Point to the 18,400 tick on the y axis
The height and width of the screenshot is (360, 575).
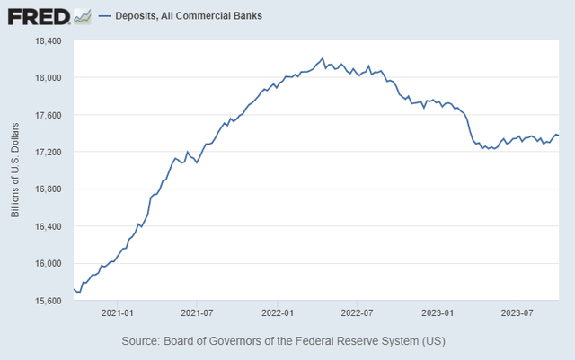(x=47, y=40)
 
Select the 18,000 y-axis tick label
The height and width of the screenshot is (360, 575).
(x=47, y=78)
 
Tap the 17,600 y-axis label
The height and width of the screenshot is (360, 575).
(x=47, y=115)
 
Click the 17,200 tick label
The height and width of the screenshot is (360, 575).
(x=47, y=152)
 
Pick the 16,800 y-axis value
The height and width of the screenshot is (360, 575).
(x=47, y=189)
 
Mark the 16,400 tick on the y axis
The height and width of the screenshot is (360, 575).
(x=47, y=226)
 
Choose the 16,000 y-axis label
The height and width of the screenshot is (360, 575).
(x=47, y=263)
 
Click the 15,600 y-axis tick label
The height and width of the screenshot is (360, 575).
(x=47, y=300)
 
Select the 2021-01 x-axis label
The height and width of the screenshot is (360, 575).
(x=119, y=313)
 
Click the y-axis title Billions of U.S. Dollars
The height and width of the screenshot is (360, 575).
(x=15, y=171)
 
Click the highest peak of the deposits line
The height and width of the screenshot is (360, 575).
(x=323, y=58)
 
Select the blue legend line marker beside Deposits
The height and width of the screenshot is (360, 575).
(x=106, y=16)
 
